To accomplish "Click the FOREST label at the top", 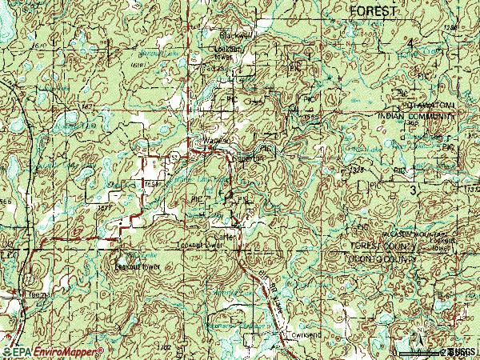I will click(373, 11).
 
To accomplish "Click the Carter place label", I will click(222, 237).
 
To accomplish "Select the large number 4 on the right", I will click(412, 42).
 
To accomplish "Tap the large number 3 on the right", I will click(414, 191).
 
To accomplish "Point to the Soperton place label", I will click(241, 158).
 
